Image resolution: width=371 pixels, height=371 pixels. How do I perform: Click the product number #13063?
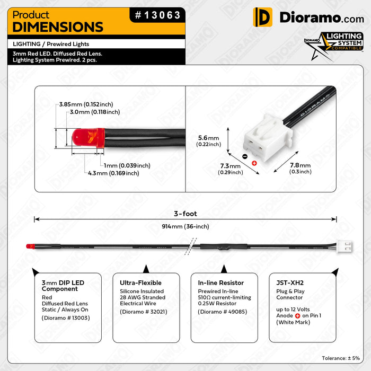coord(157,15)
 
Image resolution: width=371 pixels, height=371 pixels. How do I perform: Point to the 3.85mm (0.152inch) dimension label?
coord(86,104)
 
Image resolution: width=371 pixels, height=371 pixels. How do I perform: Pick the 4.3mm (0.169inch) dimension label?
coord(114,173)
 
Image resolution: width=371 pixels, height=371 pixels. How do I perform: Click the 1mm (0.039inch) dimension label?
coord(127,165)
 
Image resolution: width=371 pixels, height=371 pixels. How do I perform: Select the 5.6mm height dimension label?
coord(208,140)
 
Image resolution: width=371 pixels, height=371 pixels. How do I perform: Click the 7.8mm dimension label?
coord(300,168)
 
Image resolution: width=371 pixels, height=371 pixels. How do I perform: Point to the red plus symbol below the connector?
coord(254,163)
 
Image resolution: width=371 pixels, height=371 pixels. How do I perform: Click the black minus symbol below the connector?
coord(244,156)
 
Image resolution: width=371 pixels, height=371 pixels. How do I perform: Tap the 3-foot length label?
coord(185,214)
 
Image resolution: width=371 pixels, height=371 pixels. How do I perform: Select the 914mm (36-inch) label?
coord(185,226)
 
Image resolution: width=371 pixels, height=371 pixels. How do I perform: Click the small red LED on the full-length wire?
coord(30,246)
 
